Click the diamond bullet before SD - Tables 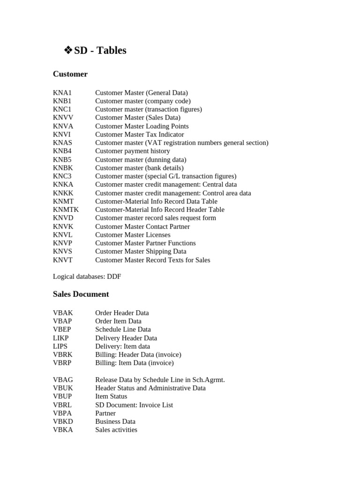(x=68, y=51)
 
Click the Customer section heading (x=70, y=74)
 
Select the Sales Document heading (x=81, y=294)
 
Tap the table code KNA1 (x=62, y=93)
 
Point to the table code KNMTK (x=66, y=210)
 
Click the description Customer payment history (x=132, y=151)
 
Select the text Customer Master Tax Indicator (x=139, y=135)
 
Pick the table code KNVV (x=63, y=118)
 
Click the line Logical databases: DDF (x=87, y=277)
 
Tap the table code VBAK (x=63, y=313)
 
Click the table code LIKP (x=61, y=338)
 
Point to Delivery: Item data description (x=122, y=346)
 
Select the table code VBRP (x=63, y=363)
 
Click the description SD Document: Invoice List (x=134, y=405)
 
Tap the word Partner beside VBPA (x=105, y=413)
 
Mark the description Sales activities (x=116, y=430)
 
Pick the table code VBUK (x=63, y=388)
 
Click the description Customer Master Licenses (x=133, y=235)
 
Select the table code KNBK (x=63, y=168)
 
